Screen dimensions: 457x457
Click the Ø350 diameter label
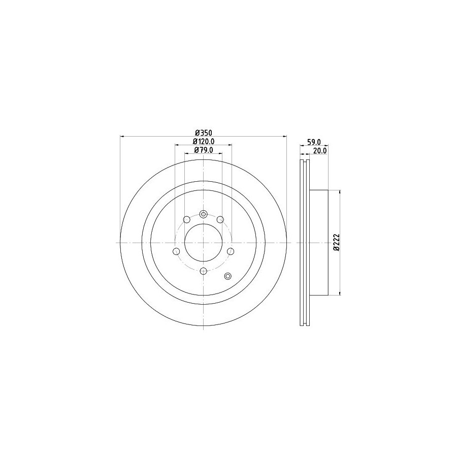pyautogui.click(x=204, y=133)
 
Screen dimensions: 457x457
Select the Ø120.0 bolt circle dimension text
pyautogui.click(x=204, y=141)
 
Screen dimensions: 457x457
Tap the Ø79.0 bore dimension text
pyautogui.click(x=204, y=150)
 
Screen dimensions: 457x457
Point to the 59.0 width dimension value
pyautogui.click(x=314, y=142)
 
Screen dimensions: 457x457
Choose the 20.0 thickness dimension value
pyautogui.click(x=320, y=151)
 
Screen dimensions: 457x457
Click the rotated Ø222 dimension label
pyautogui.click(x=337, y=242)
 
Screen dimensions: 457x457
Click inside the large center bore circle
pyautogui.click(x=204, y=243)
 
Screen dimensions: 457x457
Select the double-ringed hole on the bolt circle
pyautogui.click(x=204, y=214)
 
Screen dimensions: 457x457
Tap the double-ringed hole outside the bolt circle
pyautogui.click(x=227, y=276)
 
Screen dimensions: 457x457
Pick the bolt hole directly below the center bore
pyautogui.click(x=204, y=271)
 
